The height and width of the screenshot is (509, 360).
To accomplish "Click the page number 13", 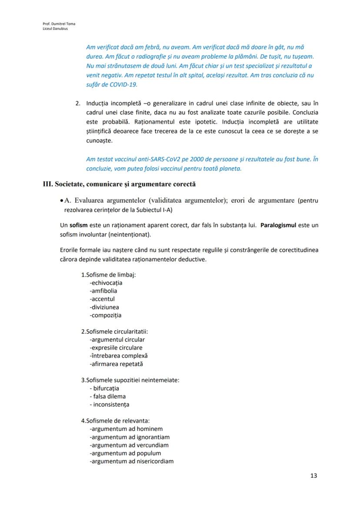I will coord(313,476).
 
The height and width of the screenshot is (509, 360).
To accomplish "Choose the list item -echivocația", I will coord(106,283).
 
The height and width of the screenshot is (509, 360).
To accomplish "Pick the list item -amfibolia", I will coord(103,291).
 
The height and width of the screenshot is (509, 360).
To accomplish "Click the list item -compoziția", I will coord(106,315).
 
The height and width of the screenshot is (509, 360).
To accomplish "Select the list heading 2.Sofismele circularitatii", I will coord(114,331).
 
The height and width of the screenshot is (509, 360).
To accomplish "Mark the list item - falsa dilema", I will coord(107,396).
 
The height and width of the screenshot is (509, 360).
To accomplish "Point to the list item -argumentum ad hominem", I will coord(126,429).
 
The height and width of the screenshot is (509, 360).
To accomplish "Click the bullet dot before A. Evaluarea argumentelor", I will coord(62,201).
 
